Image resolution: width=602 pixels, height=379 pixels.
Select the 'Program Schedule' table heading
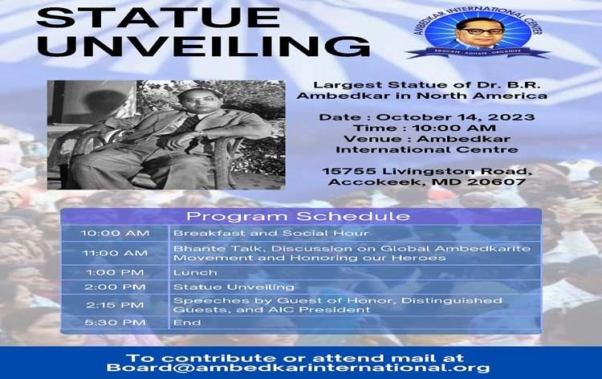(x=298, y=217)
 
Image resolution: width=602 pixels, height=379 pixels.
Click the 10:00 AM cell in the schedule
(x=115, y=234)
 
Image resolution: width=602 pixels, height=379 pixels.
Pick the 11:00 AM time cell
(x=115, y=253)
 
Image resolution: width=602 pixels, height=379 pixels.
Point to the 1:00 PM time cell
(x=115, y=272)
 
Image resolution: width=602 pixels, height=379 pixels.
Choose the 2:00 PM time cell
(x=115, y=287)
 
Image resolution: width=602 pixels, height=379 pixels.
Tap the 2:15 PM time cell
(x=115, y=305)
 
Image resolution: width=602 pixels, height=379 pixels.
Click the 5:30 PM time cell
(x=115, y=323)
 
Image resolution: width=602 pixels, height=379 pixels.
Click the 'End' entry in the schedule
(x=184, y=323)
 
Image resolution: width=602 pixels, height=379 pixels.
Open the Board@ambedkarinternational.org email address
(x=298, y=369)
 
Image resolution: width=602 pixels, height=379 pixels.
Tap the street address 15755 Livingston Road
(x=425, y=169)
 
